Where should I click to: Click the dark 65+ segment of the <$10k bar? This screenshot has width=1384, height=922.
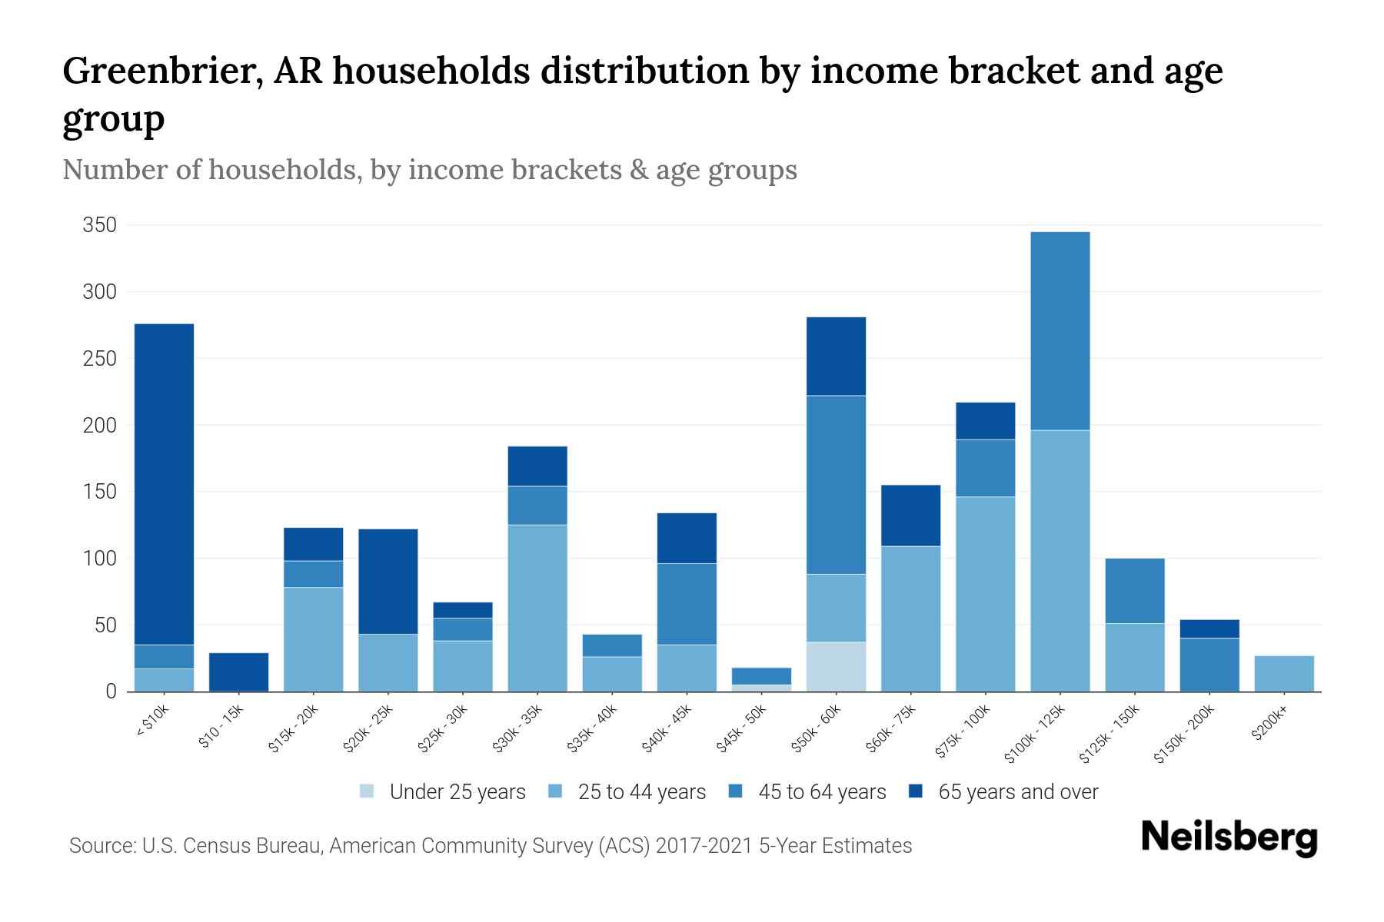(164, 484)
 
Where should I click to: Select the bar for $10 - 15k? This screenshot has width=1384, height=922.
(238, 672)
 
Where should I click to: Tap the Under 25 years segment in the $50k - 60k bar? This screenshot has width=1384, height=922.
(836, 666)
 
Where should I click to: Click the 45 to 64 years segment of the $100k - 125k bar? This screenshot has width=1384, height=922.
(1060, 330)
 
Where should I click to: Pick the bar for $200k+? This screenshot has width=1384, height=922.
(1284, 673)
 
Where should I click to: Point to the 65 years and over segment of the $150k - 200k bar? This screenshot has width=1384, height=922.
(1209, 628)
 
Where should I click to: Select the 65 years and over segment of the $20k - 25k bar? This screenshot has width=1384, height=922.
(388, 581)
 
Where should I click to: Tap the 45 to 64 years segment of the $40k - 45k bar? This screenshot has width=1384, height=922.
(687, 603)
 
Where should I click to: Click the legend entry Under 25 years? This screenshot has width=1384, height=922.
(457, 792)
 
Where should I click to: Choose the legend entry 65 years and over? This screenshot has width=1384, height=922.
(1017, 792)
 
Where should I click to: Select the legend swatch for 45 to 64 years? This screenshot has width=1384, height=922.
(736, 791)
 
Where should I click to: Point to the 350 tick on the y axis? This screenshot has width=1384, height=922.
(100, 225)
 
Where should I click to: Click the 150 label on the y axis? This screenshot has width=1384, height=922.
(100, 492)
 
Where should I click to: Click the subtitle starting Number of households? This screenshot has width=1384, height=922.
(429, 170)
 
